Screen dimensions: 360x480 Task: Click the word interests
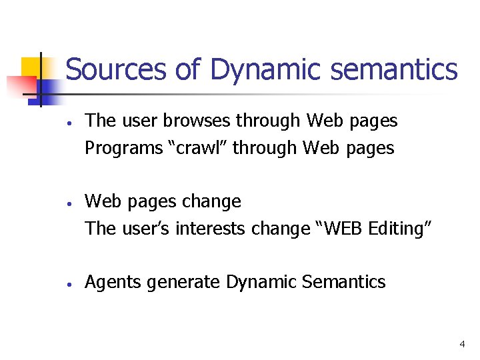pos(211,229)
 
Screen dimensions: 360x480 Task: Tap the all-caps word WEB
pos(339,229)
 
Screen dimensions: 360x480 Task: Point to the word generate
pos(183,283)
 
